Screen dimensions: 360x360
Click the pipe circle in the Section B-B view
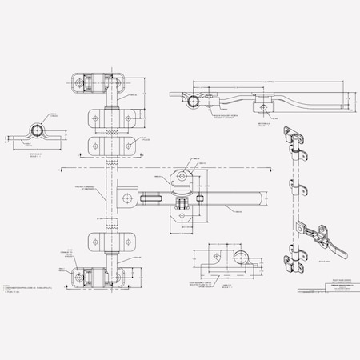pos(36,130)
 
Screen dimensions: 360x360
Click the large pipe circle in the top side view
pos(192,101)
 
